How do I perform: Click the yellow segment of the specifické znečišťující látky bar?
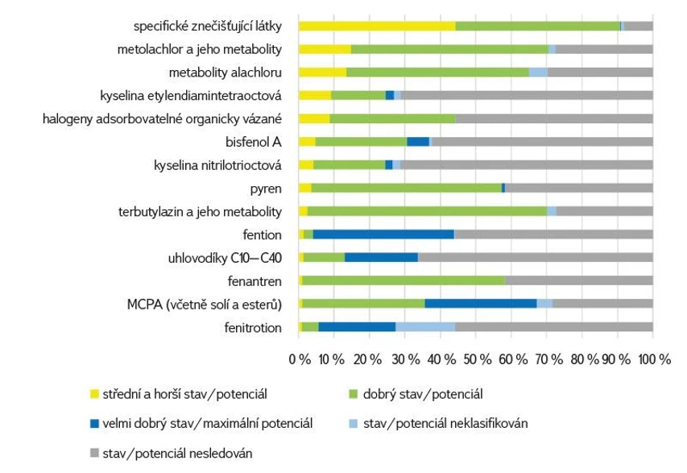tap(376, 26)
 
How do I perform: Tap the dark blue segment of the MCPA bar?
tap(480, 304)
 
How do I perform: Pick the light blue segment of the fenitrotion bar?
tap(424, 327)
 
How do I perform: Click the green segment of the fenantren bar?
tap(403, 280)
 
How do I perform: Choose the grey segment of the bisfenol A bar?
tap(542, 142)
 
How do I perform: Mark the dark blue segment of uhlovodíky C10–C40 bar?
tap(381, 258)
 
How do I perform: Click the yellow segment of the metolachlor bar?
tap(325, 49)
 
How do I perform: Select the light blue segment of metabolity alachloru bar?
tap(537, 73)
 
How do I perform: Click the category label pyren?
tap(266, 189)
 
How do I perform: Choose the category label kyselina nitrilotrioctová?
tap(217, 165)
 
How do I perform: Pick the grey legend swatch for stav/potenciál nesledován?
tap(94, 453)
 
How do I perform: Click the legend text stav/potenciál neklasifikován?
tap(445, 424)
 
